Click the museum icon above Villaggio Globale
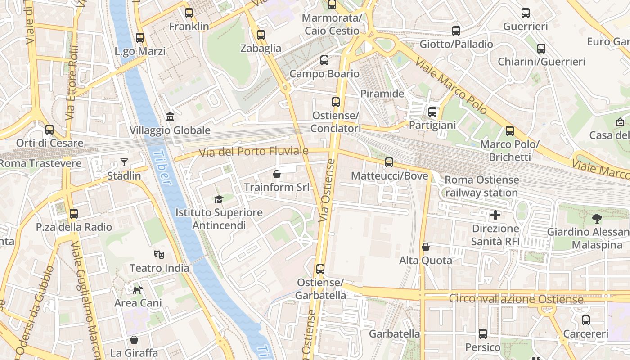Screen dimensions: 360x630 tap(171, 117)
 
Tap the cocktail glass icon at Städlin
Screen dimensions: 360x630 tap(124, 162)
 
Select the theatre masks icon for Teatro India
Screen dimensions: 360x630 tap(159, 255)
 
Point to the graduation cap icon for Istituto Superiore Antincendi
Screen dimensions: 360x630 tap(219, 199)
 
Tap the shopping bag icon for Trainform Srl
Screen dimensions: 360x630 tap(277, 174)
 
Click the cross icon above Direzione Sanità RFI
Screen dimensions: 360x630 tap(495, 215)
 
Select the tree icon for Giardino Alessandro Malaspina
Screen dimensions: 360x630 tap(597, 219)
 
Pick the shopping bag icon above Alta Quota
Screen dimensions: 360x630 tap(426, 247)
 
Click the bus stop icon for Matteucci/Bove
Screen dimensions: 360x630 tap(389, 162)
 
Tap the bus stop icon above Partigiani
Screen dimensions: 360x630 tap(432, 112)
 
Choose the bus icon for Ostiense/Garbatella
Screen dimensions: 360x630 tap(320, 269)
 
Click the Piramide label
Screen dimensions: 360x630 tap(382, 94)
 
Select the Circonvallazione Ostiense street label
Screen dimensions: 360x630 tap(516, 299)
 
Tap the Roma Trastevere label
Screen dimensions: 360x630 tap(40, 163)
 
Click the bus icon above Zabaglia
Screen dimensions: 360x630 tap(261, 35)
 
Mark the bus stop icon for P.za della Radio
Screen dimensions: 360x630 tap(74, 214)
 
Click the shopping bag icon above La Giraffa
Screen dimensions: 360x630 tap(134, 339)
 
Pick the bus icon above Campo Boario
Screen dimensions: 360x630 tap(324, 60)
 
